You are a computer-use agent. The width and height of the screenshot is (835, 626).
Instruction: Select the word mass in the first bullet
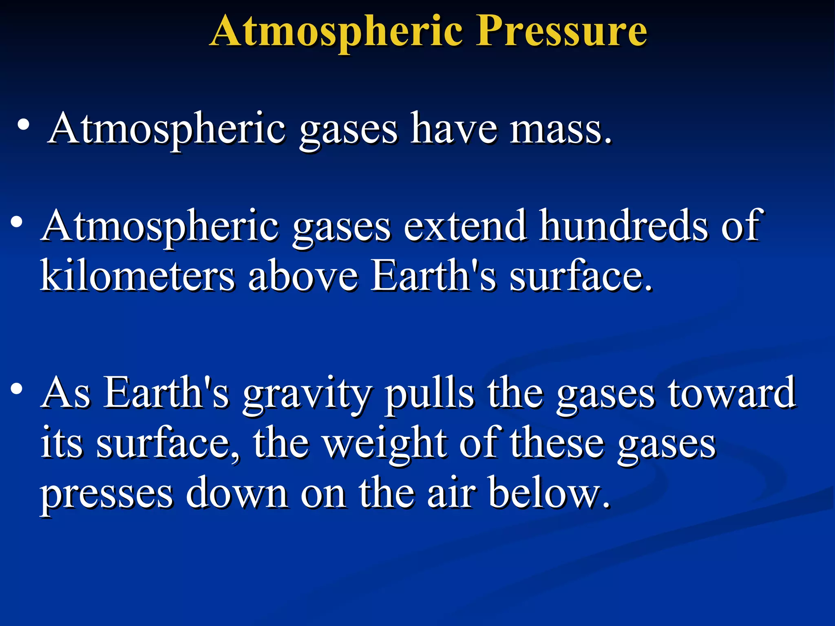[560, 130]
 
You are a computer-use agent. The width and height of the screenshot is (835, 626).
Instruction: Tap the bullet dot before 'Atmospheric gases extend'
[16, 223]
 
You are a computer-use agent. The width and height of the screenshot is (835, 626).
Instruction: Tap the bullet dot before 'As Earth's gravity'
[16, 389]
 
